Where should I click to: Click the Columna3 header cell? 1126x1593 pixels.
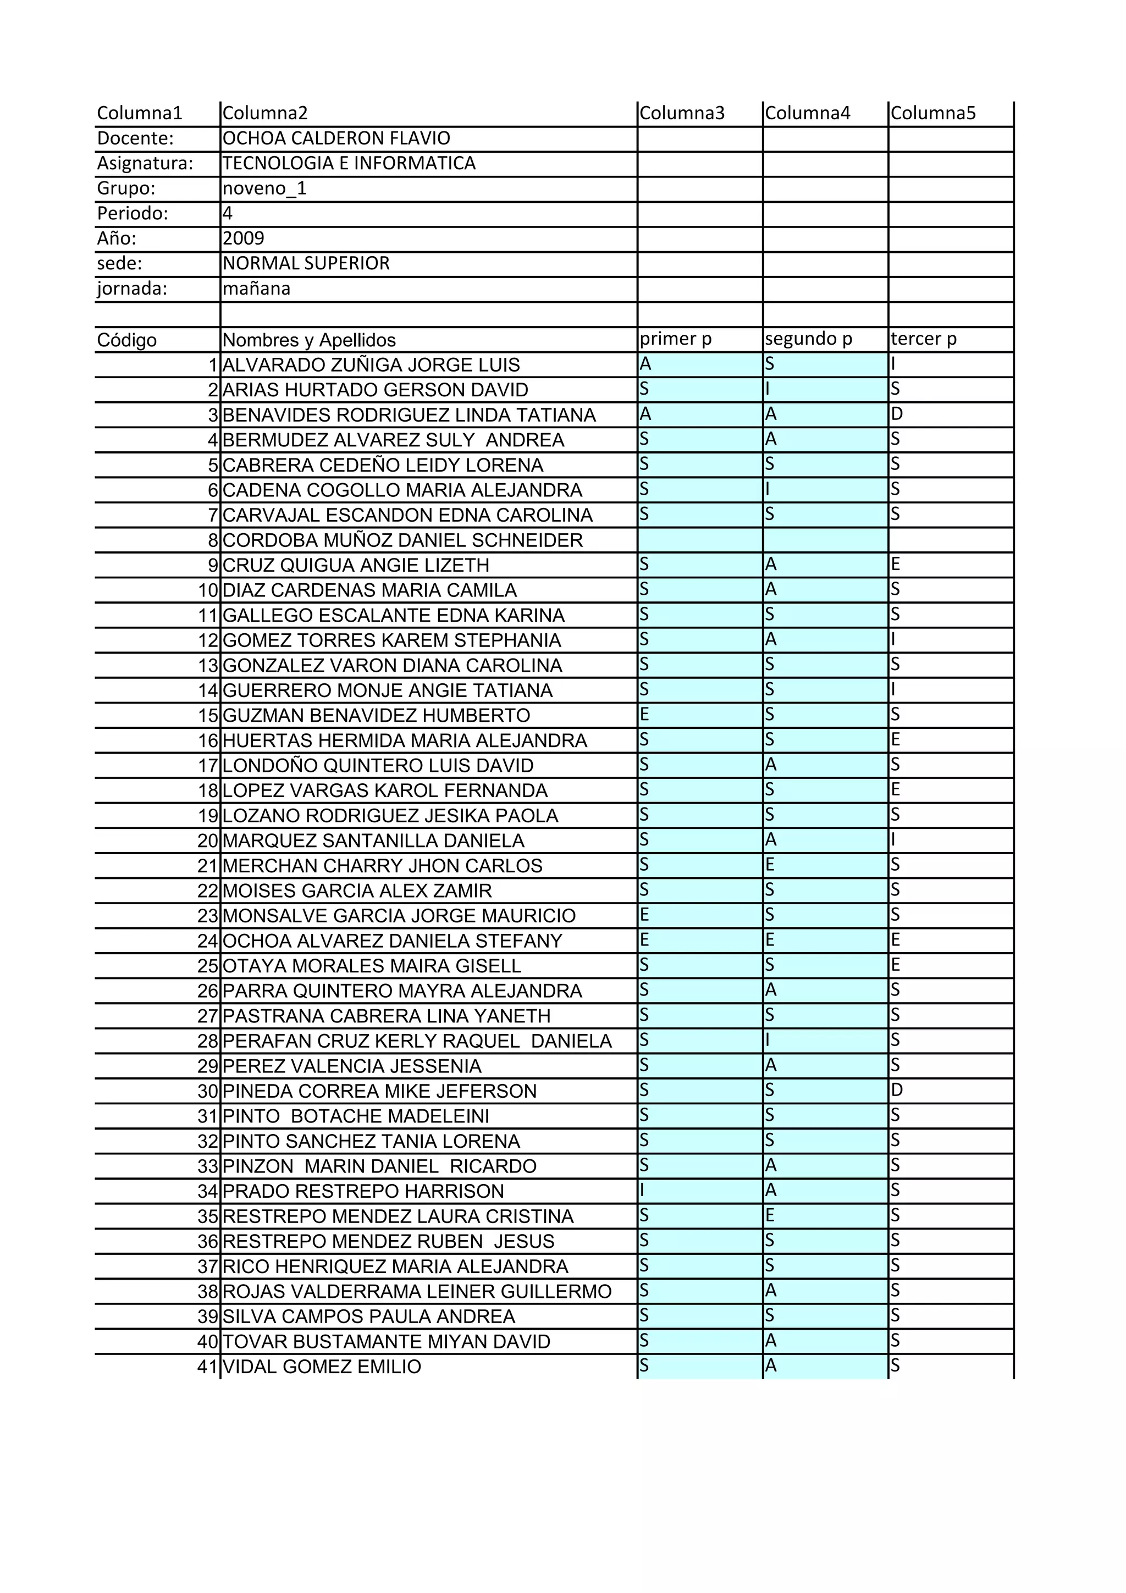[682, 113]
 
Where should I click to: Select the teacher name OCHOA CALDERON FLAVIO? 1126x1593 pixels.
[336, 138]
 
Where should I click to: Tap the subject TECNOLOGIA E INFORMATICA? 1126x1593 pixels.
[349, 163]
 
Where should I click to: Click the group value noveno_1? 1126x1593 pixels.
[264, 188]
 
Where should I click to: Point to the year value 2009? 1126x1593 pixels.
[244, 238]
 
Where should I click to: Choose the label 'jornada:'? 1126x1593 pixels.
[132, 288]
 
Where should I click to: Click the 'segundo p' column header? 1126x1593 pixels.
[808, 339]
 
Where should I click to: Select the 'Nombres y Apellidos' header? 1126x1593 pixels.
[309, 340]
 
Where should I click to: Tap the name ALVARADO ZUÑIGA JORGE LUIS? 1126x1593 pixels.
[371, 365]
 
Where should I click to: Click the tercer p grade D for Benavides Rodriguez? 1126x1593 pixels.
[897, 414]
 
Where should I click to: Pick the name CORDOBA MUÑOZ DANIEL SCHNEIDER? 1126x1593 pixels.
[402, 540]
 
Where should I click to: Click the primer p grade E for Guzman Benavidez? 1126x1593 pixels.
[644, 714]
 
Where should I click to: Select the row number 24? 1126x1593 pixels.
[208, 941]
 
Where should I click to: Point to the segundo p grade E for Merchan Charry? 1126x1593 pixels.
[770, 865]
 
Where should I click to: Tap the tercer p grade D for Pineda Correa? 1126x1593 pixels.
[897, 1090]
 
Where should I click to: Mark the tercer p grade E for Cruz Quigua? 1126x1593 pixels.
[896, 564]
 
